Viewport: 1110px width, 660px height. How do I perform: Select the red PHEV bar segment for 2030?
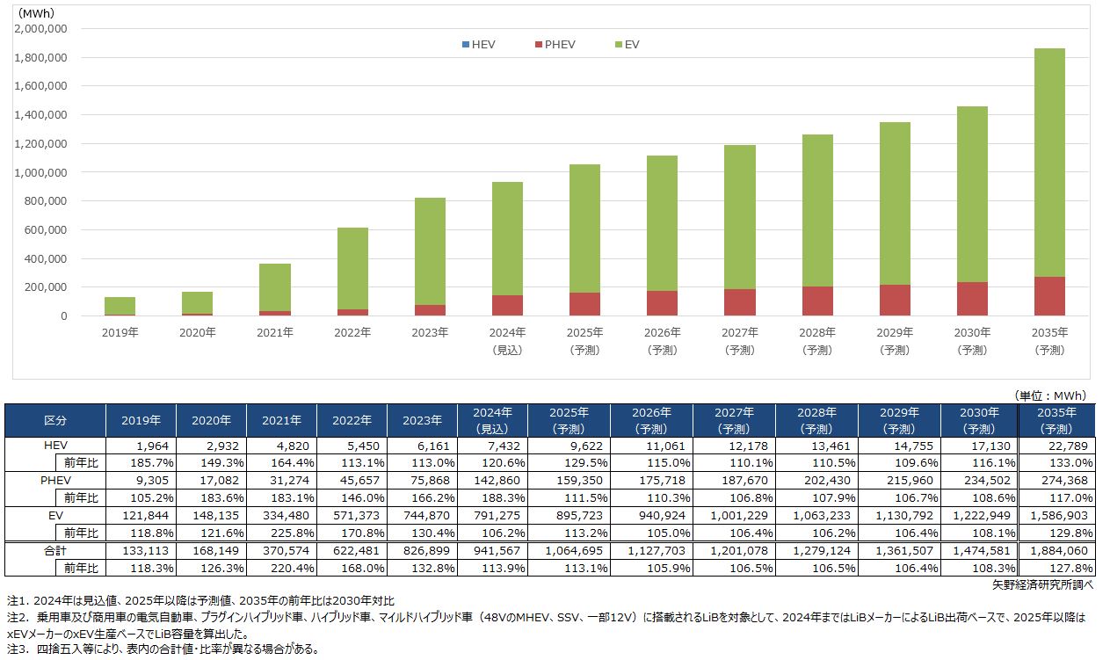[x=972, y=299]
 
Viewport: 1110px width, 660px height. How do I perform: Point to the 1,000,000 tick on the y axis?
[x=41, y=173]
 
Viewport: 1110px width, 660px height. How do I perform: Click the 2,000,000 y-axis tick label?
[x=41, y=29]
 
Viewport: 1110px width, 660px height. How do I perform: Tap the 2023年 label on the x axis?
[x=430, y=333]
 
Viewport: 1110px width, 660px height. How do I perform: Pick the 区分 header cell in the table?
[x=55, y=420]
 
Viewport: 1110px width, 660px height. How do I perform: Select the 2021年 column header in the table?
[x=281, y=420]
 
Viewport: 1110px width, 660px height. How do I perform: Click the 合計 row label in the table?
[x=55, y=550]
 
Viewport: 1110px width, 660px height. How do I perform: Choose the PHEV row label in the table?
[x=55, y=481]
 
